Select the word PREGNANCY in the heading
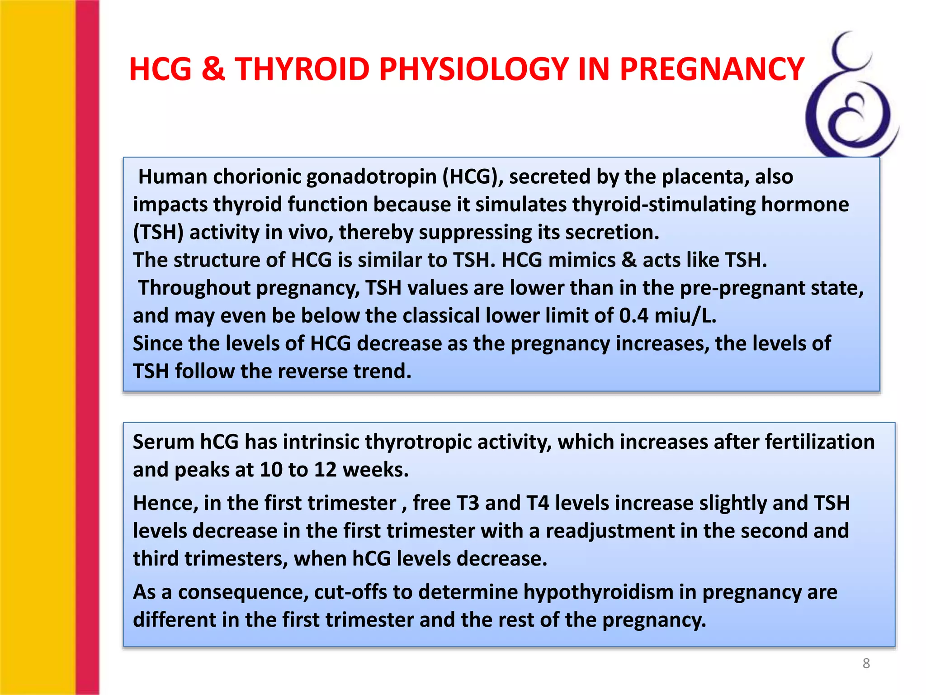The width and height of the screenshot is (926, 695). point(712,69)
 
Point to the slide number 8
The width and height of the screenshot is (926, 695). point(866,663)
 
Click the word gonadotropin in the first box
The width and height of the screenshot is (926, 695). point(371,176)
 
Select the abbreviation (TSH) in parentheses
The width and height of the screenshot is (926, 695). point(158,232)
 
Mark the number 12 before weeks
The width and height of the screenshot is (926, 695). point(326,470)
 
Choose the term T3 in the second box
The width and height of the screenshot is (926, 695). point(468,503)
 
